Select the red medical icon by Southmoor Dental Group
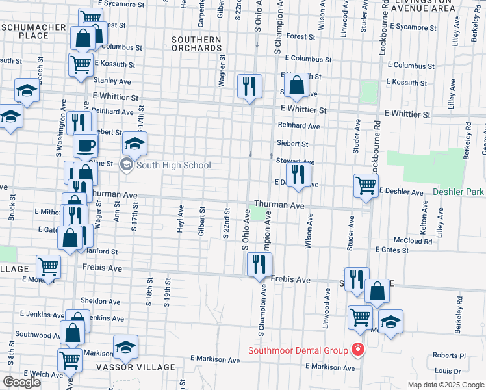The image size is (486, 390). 357,351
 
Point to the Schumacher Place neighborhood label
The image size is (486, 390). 34,31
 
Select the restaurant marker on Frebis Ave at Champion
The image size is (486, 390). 259,265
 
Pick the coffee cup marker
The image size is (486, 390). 85,145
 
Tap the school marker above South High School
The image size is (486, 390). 134,143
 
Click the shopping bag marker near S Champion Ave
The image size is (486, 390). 296,86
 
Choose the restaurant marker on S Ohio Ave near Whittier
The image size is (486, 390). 249,86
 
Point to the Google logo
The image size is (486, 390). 21,382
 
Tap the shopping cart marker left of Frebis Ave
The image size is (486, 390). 48,266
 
